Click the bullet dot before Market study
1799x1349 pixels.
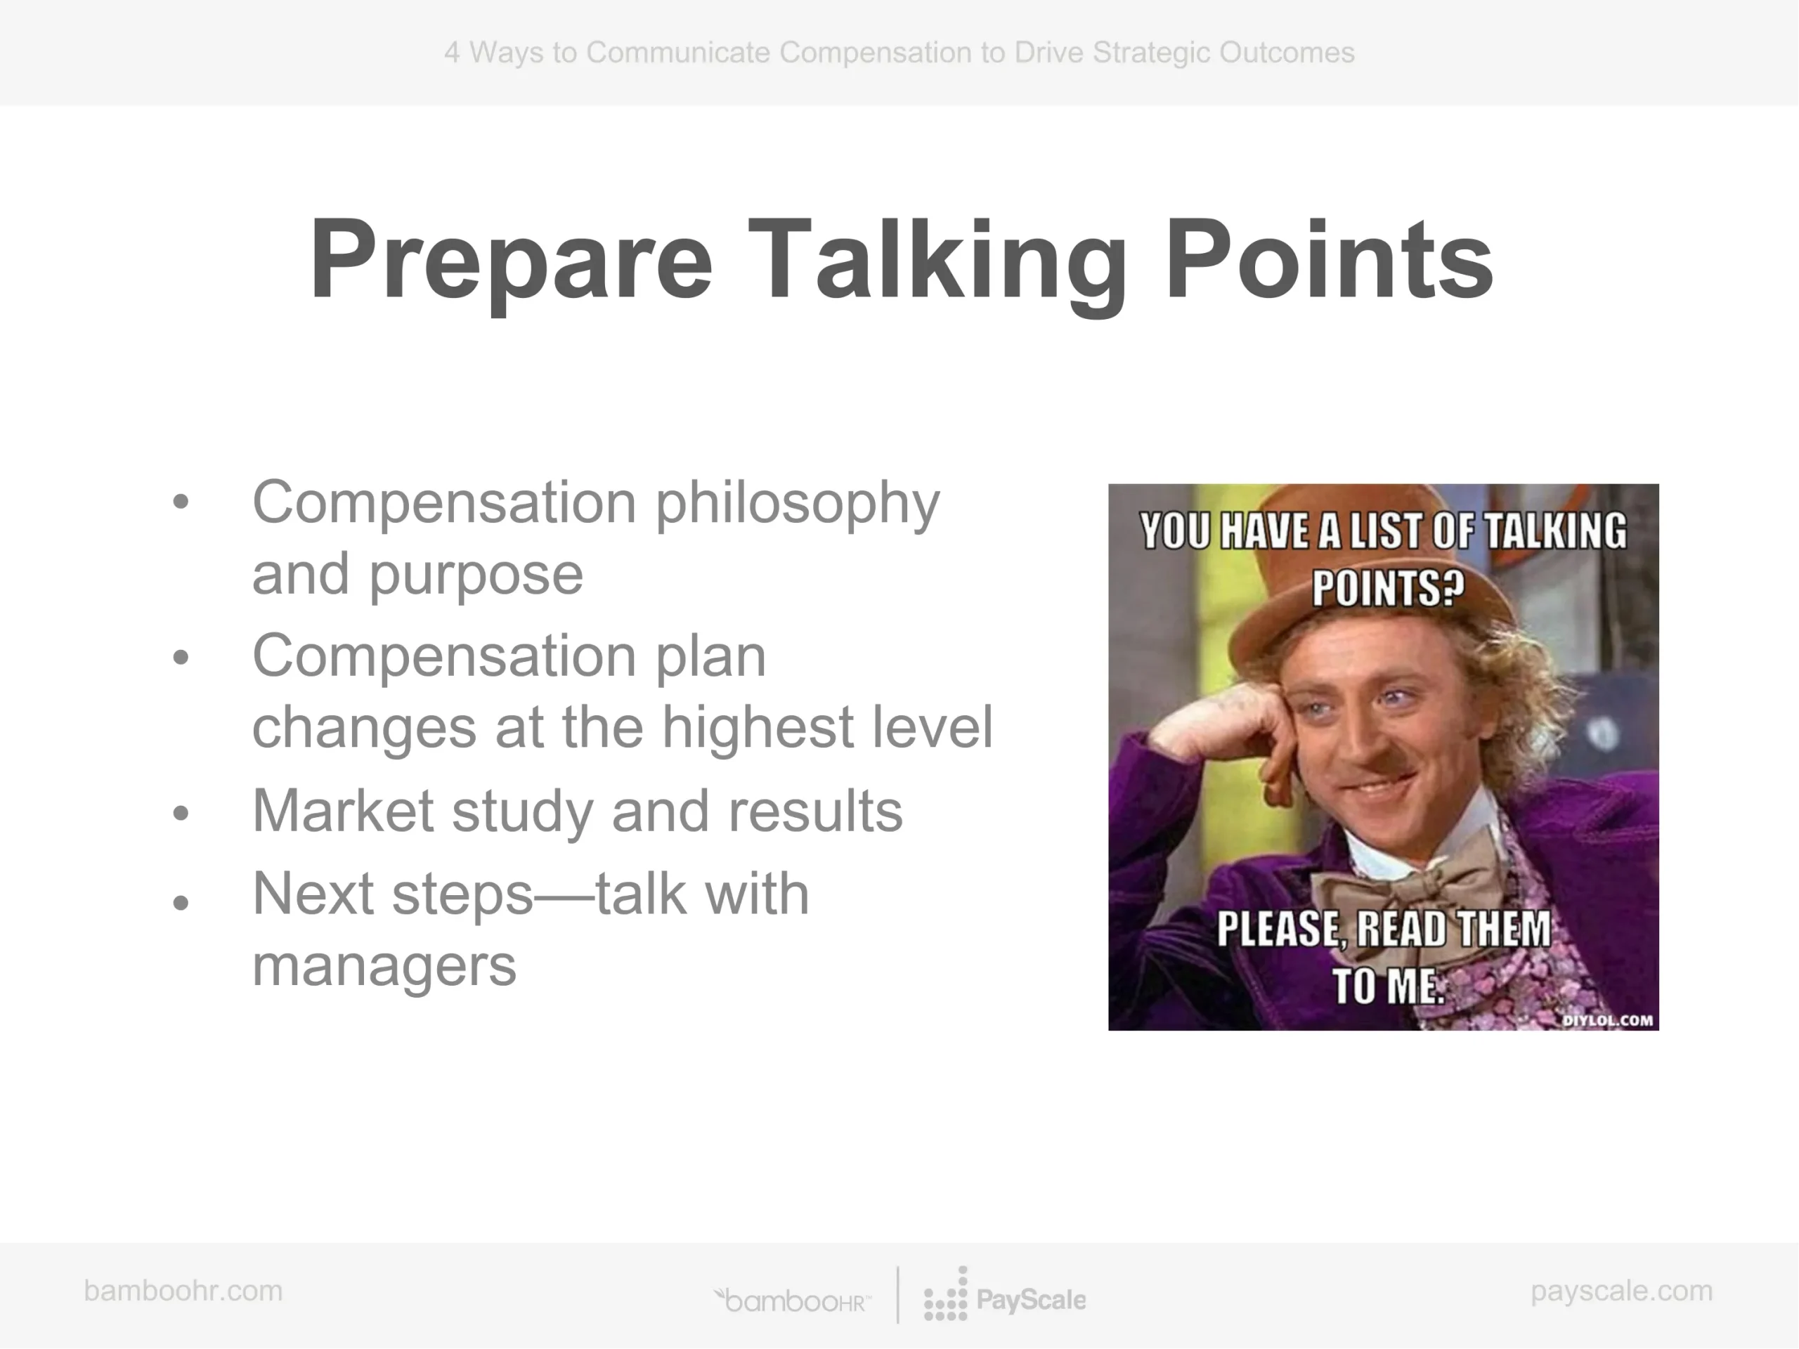[181, 813]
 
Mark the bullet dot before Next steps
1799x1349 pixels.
[181, 901]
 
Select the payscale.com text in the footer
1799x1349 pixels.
[1622, 1291]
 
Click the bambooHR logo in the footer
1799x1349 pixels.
[792, 1301]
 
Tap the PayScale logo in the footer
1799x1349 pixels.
[1004, 1294]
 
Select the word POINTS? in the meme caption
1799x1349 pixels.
[1387, 587]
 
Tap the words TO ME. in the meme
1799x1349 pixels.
[1387, 986]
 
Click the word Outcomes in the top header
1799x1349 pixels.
[1287, 53]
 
